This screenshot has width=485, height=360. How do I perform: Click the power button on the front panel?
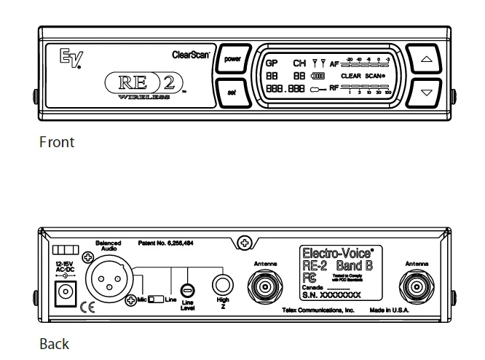tap(232, 60)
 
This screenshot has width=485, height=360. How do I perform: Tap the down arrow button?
tap(427, 93)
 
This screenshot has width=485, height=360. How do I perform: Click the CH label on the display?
tap(299, 63)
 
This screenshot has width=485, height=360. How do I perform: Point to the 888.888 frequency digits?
tap(284, 88)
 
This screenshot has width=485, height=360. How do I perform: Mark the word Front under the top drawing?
tap(56, 142)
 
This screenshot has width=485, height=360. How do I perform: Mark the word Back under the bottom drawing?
tap(55, 343)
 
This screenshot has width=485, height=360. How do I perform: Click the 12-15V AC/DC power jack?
tap(68, 293)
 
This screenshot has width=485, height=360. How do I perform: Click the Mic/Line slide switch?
tap(154, 299)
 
